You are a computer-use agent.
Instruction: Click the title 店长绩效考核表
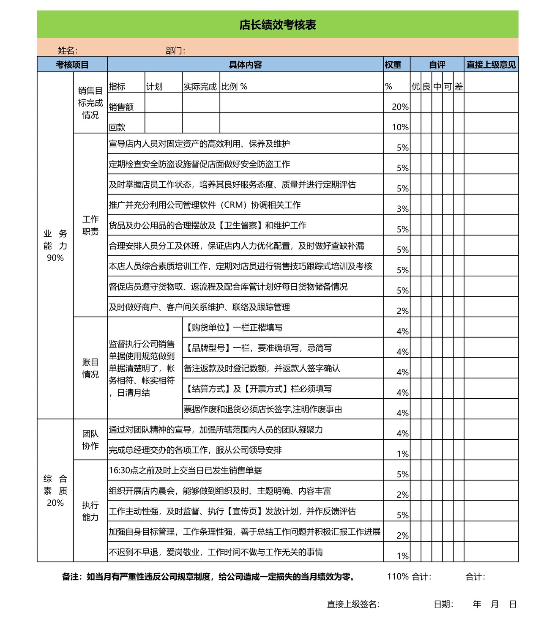(x=277, y=25)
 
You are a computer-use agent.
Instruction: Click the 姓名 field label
(x=68, y=51)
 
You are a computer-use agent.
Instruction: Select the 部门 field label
(x=175, y=51)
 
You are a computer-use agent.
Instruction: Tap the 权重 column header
(x=393, y=65)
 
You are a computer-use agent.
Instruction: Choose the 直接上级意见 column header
(x=491, y=65)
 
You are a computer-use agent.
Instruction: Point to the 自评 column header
(x=437, y=65)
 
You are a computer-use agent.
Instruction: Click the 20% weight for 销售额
(x=400, y=107)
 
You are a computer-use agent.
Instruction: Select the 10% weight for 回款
(x=400, y=127)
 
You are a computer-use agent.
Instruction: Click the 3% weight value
(x=402, y=209)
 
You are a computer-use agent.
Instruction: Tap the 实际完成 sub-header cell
(x=200, y=87)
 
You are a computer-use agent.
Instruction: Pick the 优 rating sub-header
(x=415, y=87)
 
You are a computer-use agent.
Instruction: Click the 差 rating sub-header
(x=459, y=87)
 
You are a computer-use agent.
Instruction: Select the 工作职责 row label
(x=90, y=225)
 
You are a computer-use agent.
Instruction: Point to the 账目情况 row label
(x=90, y=368)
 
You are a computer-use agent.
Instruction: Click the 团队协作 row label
(x=90, y=440)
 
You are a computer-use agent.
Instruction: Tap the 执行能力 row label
(x=90, y=511)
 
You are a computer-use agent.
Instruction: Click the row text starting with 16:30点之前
(x=185, y=471)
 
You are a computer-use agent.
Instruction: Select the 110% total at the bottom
(x=398, y=576)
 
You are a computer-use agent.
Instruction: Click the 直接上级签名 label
(x=353, y=604)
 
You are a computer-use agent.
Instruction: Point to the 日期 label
(x=443, y=604)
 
